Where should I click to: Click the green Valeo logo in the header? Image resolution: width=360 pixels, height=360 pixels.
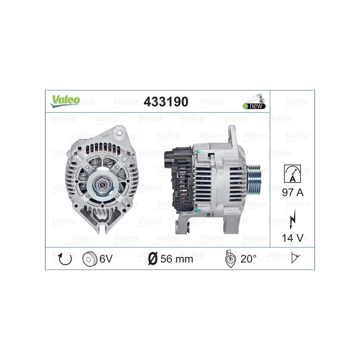[65, 101]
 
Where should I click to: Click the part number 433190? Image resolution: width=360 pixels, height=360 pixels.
[165, 102]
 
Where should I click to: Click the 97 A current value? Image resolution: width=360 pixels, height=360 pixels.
[292, 193]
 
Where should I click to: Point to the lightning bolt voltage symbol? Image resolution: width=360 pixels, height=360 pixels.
[292, 216]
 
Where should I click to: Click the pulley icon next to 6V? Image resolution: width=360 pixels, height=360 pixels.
[90, 258]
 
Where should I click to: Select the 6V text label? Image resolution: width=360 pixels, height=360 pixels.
[106, 258]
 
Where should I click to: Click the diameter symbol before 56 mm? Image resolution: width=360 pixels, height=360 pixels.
[153, 258]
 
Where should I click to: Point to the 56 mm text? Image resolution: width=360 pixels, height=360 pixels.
[177, 258]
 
